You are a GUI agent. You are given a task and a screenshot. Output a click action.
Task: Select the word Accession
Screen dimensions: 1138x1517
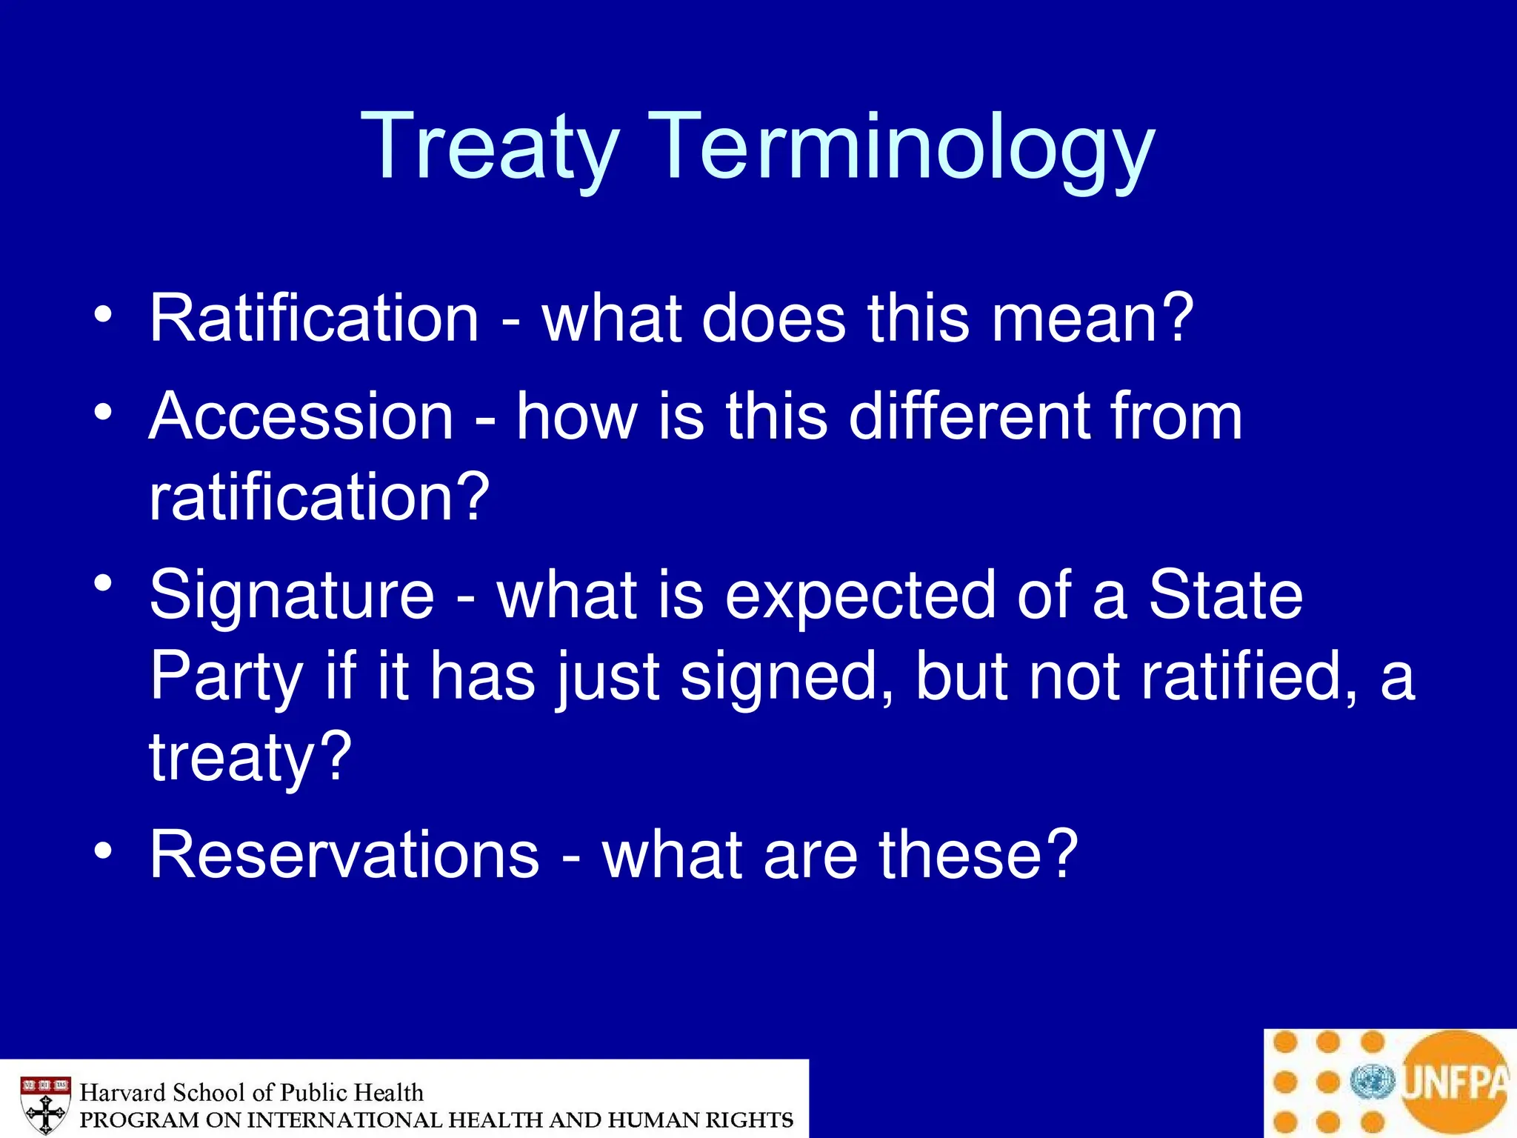[x=301, y=416]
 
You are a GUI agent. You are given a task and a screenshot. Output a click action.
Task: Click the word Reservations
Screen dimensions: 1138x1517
[x=344, y=855]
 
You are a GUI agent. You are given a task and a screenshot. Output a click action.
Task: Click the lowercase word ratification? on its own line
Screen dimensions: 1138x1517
[x=319, y=497]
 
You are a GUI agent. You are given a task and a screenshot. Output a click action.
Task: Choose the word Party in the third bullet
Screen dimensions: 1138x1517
[x=227, y=678]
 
